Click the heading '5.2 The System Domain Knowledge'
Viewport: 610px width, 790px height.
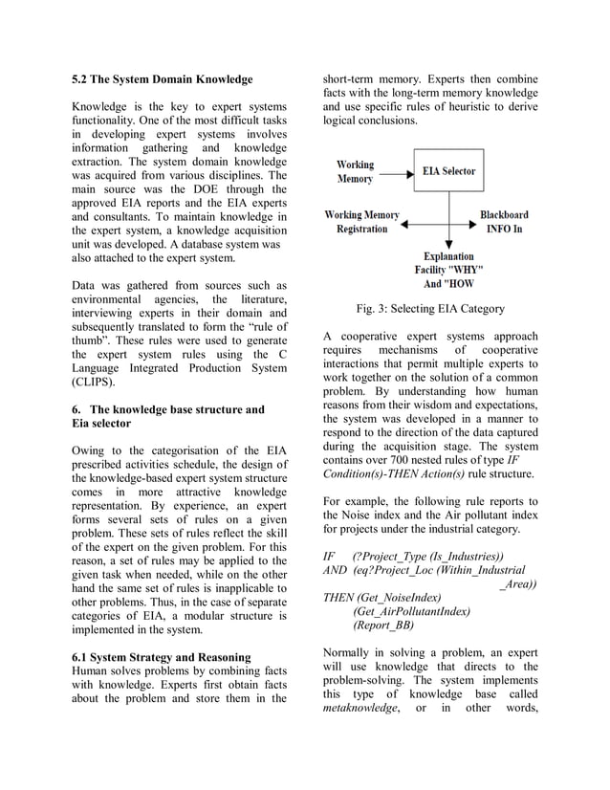(x=163, y=78)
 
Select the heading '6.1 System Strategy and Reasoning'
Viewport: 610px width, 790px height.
(x=163, y=657)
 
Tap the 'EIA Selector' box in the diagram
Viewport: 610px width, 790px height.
(x=448, y=171)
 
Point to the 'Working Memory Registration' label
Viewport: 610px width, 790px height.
(x=362, y=222)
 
